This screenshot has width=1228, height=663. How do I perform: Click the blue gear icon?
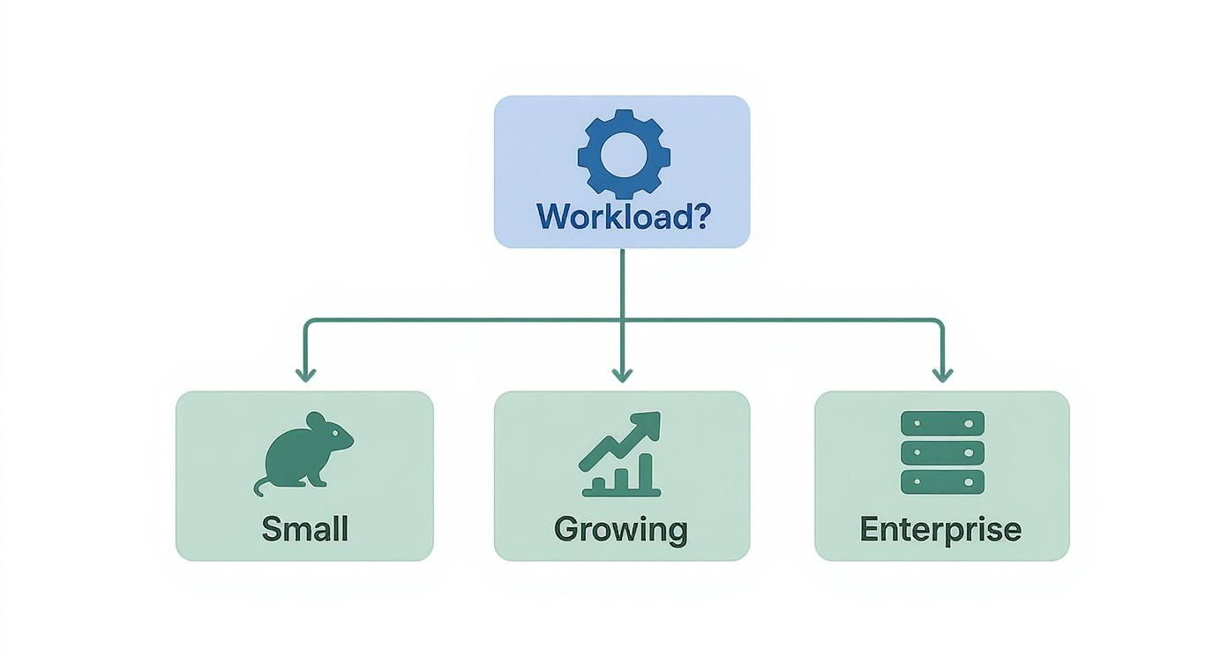tap(624, 153)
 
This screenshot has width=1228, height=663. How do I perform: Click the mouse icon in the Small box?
tap(305, 450)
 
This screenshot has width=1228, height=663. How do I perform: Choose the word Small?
tap(305, 529)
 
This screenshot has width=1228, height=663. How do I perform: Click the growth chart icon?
tap(621, 453)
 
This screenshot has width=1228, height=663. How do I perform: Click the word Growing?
tap(621, 529)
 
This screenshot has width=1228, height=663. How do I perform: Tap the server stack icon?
tap(942, 452)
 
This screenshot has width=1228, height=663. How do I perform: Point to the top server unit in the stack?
tap(942, 423)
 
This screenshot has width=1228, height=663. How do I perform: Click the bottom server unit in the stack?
tap(942, 482)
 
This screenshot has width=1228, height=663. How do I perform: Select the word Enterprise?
tap(940, 529)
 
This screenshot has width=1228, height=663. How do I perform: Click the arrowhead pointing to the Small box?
tap(305, 375)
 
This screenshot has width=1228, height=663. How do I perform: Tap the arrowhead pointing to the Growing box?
tap(622, 375)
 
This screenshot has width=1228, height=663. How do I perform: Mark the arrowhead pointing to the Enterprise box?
tap(942, 375)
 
